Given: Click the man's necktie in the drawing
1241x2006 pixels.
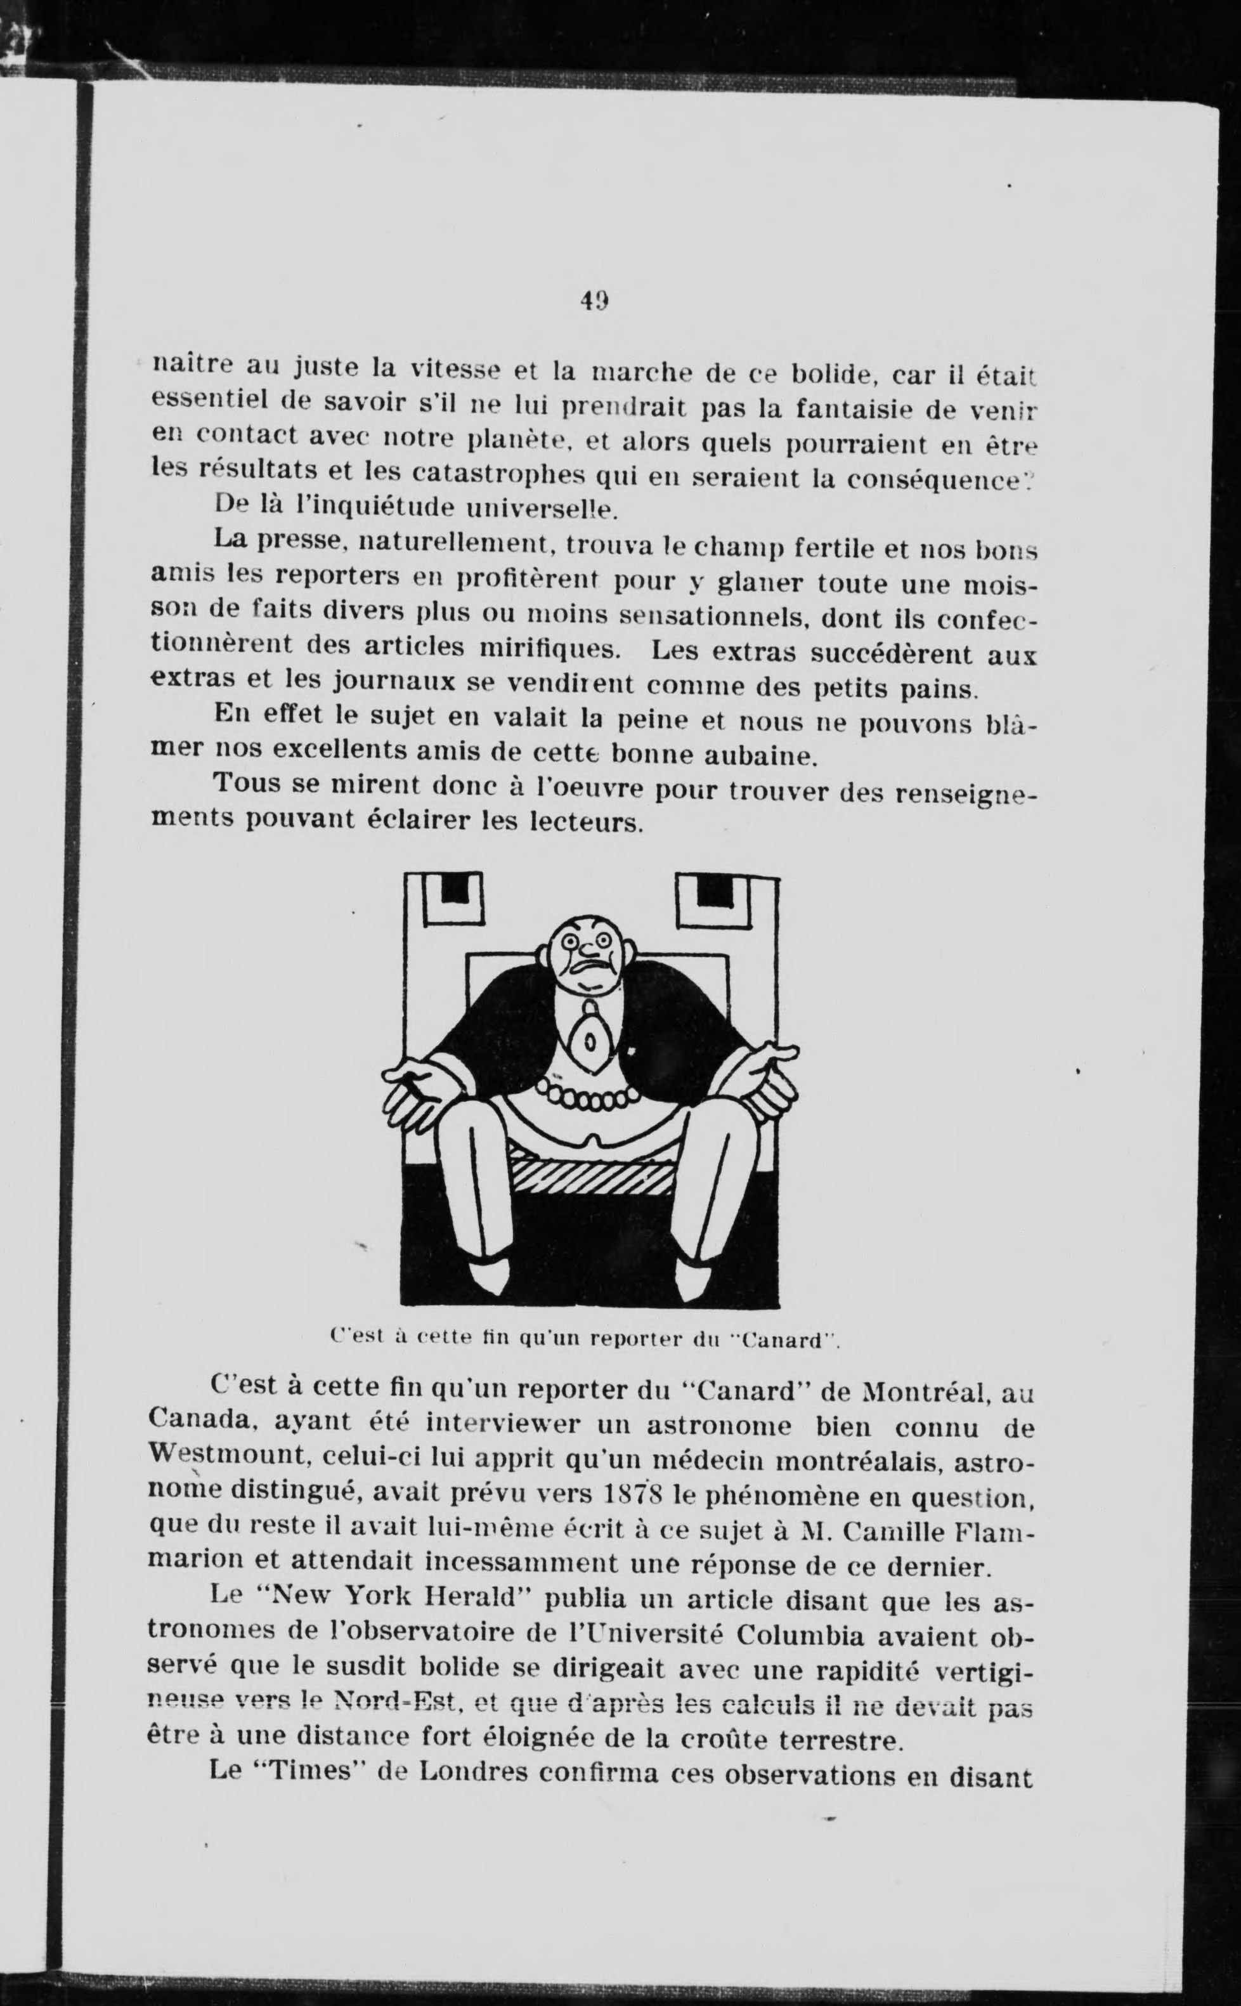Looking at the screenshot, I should [589, 1041].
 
